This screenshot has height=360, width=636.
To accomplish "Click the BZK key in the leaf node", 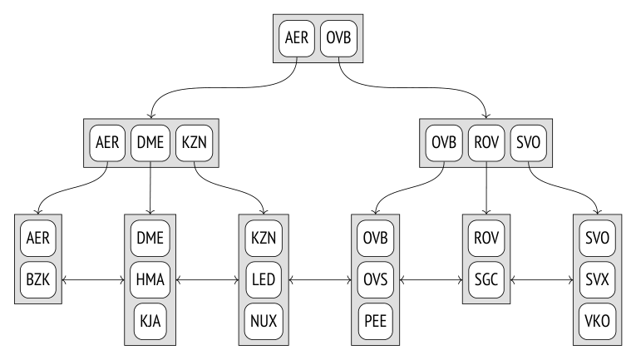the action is (38, 279).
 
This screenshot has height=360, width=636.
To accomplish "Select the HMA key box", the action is (150, 279).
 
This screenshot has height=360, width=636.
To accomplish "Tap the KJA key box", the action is (150, 321).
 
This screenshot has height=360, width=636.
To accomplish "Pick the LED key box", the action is (264, 279).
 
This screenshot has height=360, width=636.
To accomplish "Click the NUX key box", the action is (264, 321).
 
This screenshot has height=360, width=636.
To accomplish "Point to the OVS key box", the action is (376, 279).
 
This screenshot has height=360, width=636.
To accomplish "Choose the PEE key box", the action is (376, 321).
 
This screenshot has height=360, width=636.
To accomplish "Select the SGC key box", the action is (486, 279).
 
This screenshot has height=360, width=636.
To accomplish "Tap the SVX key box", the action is (598, 279).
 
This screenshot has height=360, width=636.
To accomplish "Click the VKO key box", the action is (598, 321).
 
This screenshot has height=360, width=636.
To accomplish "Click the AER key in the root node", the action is (297, 38).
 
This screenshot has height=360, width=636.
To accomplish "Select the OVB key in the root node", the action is (338, 38).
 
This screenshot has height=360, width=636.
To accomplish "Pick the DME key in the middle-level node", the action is (150, 143).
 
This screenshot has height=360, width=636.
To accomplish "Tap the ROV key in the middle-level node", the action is (486, 143).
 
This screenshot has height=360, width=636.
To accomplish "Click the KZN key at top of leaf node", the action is (264, 239).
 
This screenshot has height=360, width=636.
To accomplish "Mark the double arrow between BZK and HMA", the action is (93, 279).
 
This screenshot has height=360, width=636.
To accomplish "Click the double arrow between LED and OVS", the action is (320, 279).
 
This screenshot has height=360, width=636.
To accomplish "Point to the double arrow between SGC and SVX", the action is (542, 279).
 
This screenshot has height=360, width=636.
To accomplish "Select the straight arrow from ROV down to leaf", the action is (486, 188).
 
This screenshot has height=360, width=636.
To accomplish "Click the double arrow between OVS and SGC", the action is (431, 279).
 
